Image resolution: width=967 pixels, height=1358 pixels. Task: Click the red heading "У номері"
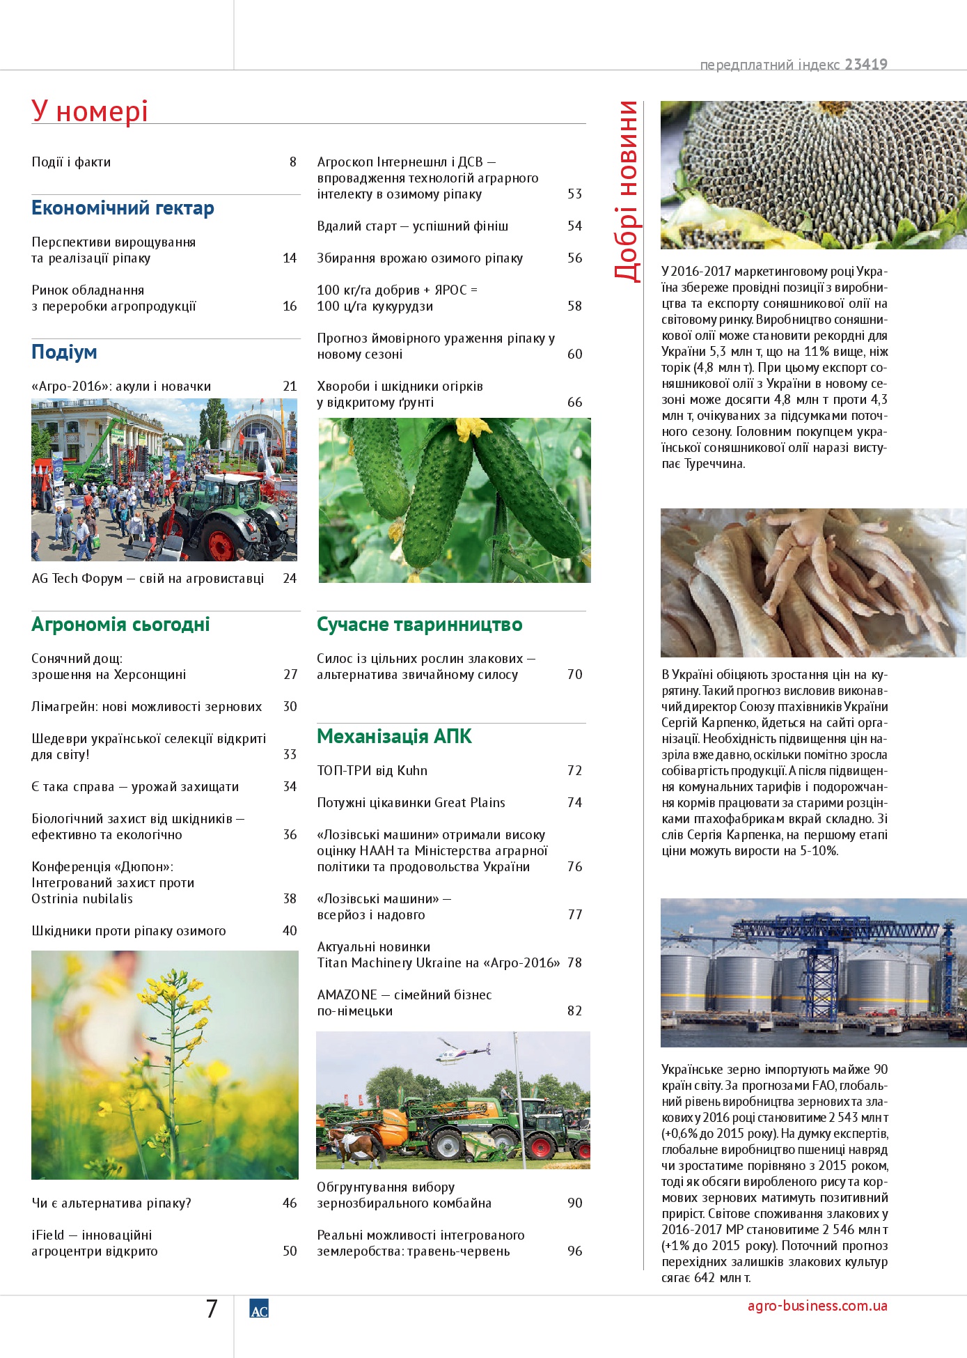pyautogui.click(x=90, y=111)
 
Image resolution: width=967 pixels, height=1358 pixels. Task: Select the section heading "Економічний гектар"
pyautogui.click(x=123, y=208)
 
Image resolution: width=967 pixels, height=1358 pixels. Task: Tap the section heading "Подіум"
pyautogui.click(x=64, y=352)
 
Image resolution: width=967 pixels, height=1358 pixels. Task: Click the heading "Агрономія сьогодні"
pyautogui.click(x=120, y=625)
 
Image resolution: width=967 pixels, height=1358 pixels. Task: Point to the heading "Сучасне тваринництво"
pyautogui.click(x=419, y=625)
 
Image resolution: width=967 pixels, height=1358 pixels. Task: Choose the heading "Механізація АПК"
pyautogui.click(x=394, y=737)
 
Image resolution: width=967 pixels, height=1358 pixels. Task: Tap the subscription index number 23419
pyautogui.click(x=866, y=65)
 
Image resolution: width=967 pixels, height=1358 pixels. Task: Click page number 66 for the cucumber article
pyautogui.click(x=574, y=403)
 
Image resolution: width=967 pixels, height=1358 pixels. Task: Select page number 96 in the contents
pyautogui.click(x=574, y=1251)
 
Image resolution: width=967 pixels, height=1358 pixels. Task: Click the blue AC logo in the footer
pyautogui.click(x=259, y=1309)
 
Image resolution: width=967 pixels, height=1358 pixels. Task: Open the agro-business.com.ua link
pyautogui.click(x=817, y=1306)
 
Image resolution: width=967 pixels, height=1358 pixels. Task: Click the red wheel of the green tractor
pyautogui.click(x=221, y=544)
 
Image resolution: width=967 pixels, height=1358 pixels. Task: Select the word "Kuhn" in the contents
pyautogui.click(x=412, y=771)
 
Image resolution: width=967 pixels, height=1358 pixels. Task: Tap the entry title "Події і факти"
pyautogui.click(x=71, y=162)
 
